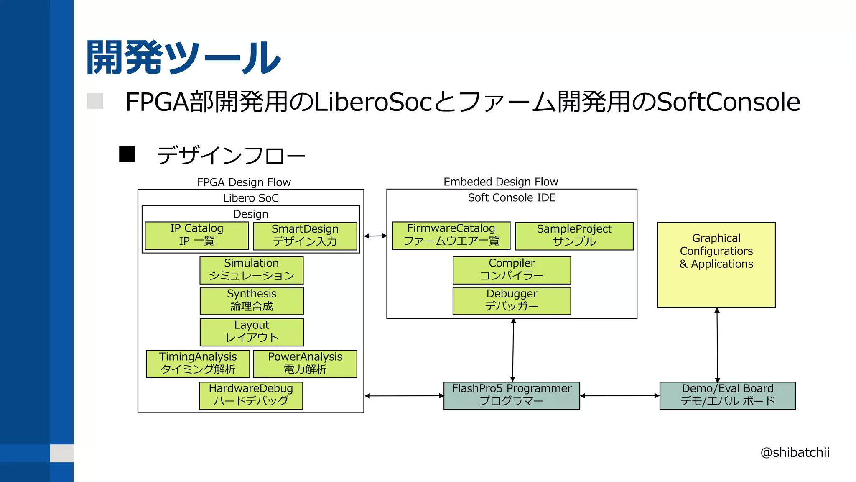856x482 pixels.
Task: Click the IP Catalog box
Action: [196, 236]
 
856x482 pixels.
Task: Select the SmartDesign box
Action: [305, 236]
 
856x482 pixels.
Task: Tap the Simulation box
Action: [251, 270]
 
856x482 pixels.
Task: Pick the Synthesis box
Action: [252, 301]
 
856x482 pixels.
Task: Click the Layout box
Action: [252, 332]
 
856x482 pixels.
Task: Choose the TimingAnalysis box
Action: [198, 364]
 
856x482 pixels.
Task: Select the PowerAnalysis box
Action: [305, 364]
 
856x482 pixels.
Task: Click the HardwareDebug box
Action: [251, 395]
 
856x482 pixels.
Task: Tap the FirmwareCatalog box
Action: [451, 236]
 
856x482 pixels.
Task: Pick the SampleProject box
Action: [574, 236]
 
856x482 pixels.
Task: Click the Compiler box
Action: [512, 270]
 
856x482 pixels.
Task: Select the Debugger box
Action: [512, 301]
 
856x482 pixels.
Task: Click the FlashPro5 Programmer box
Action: [512, 395]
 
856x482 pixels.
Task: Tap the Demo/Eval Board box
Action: [727, 395]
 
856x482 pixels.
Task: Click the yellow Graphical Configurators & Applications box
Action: [716, 265]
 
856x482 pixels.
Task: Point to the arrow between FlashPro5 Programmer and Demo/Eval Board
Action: [619, 395]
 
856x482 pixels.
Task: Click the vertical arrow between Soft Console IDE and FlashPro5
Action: [513, 350]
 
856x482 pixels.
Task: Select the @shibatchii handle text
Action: [795, 452]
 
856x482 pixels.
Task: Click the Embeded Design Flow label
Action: [500, 182]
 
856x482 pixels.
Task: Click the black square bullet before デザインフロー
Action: [127, 154]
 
